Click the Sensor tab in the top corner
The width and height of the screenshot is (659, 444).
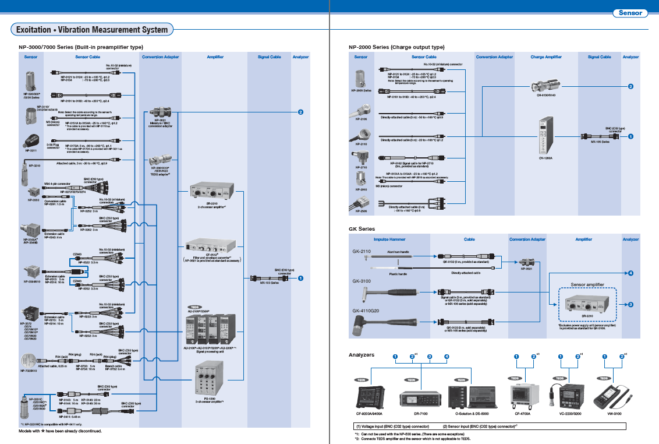[x=630, y=13]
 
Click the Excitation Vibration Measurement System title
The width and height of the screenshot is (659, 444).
[x=92, y=30]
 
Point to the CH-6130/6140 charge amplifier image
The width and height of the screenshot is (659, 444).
[x=545, y=87]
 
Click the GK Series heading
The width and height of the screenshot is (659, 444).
[x=362, y=229]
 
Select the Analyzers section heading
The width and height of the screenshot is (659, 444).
[x=362, y=354]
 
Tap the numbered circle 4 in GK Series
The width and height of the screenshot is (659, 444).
[x=630, y=273]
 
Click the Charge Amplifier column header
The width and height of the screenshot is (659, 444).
[x=545, y=57]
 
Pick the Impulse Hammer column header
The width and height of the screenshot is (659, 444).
[x=389, y=239]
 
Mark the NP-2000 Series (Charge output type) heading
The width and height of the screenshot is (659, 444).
[x=396, y=47]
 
